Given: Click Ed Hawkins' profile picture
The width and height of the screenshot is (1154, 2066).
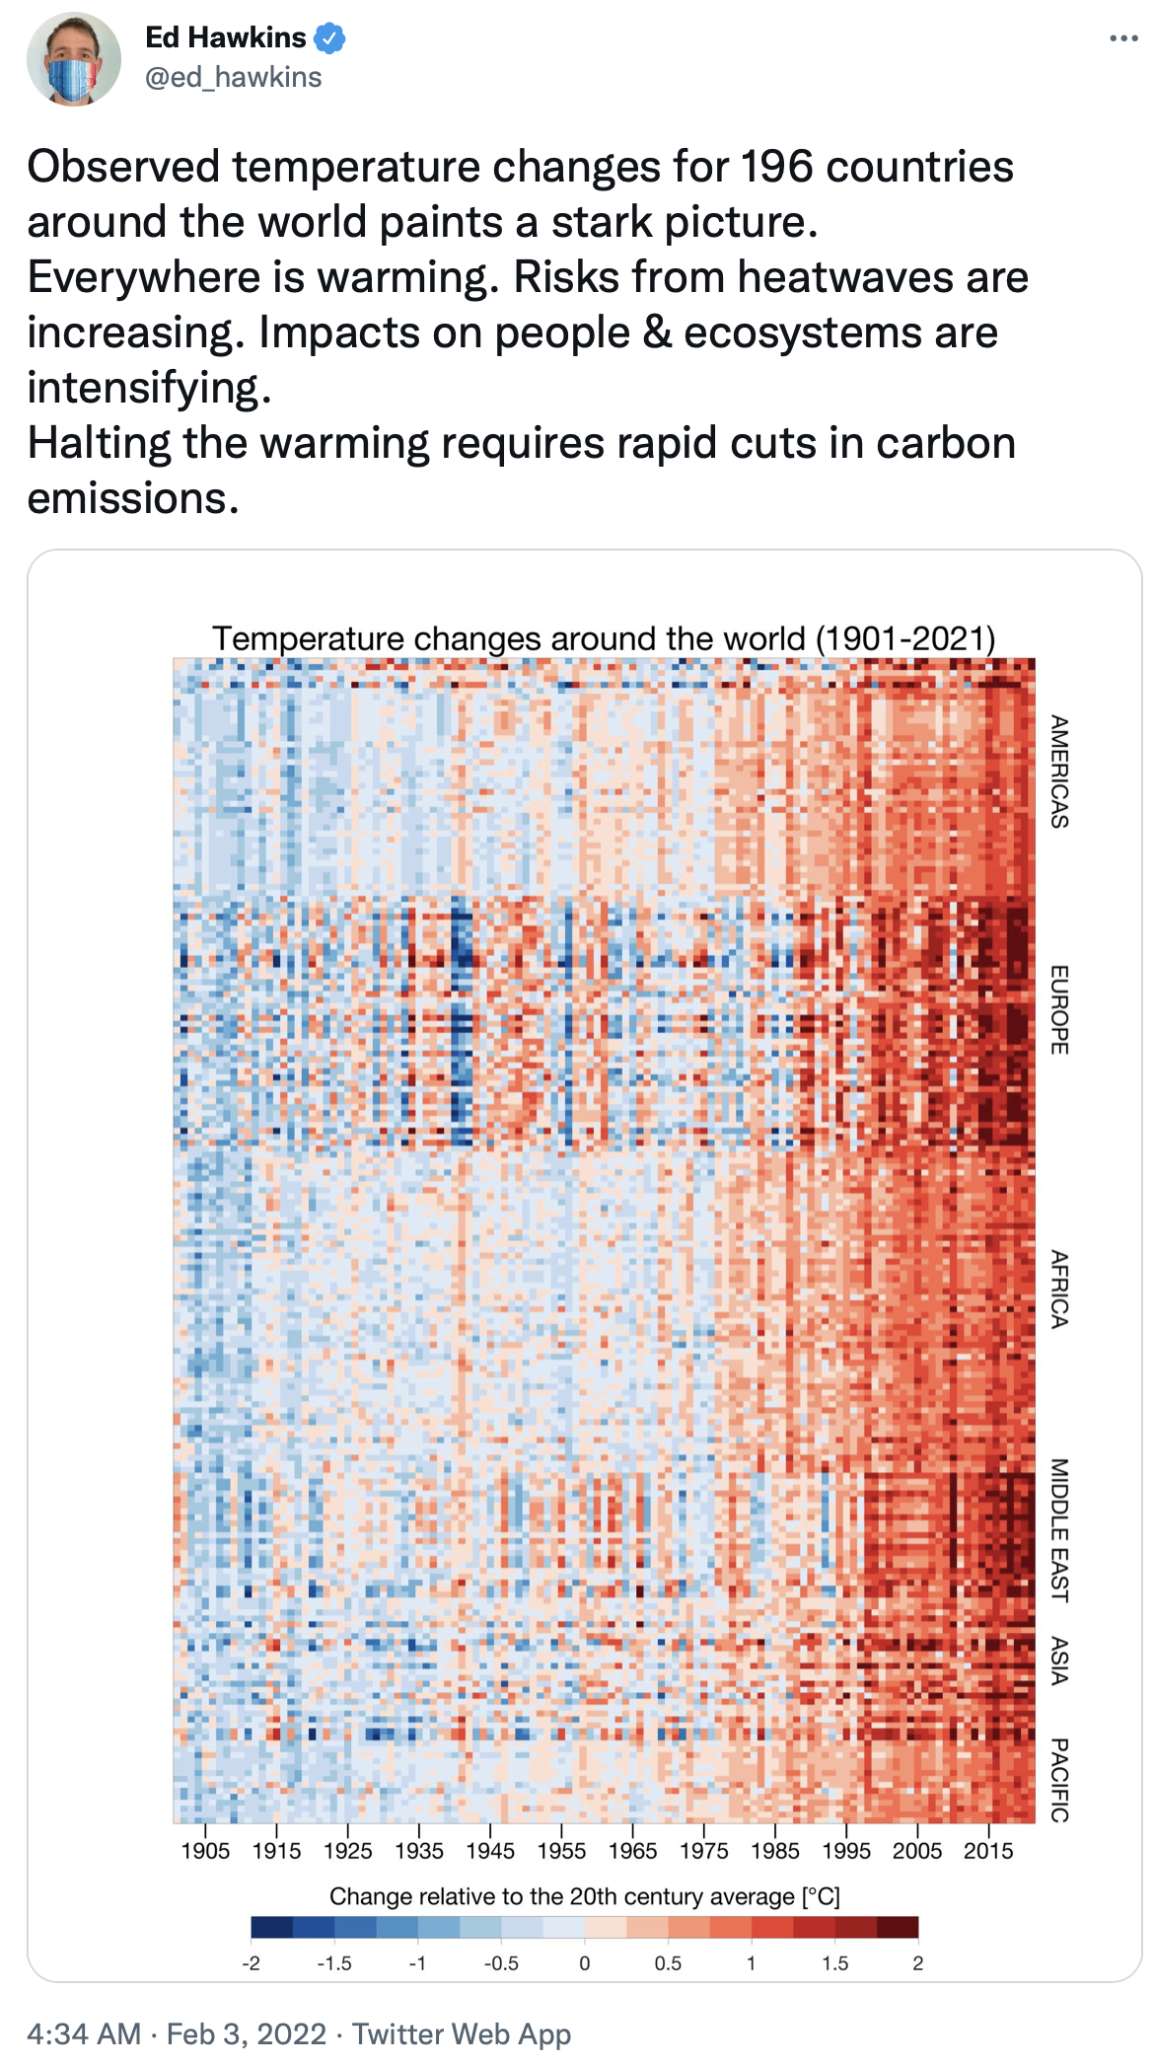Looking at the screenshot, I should tap(74, 59).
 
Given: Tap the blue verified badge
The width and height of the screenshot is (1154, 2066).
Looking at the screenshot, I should tap(329, 38).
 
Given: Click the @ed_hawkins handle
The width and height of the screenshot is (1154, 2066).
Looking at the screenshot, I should tap(233, 77).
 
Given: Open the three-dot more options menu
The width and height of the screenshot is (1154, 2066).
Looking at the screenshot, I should tap(1122, 38).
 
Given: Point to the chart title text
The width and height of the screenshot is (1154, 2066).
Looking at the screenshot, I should tap(604, 638).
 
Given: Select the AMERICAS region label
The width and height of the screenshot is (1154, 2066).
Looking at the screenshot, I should tap(1059, 772).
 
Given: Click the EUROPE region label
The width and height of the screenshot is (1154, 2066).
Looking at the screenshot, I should tap(1059, 1009).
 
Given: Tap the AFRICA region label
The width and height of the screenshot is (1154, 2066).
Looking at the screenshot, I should tap(1059, 1289).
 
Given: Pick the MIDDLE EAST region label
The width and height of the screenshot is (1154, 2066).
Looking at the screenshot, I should tap(1059, 1529).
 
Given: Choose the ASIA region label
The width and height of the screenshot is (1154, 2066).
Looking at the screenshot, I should tap(1059, 1661).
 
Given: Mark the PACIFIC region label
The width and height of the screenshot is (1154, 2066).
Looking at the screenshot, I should tap(1059, 1780).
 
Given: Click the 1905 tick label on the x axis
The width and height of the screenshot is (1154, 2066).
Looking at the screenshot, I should tap(205, 1851).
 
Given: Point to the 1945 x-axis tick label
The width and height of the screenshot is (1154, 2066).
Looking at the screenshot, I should tap(490, 1851).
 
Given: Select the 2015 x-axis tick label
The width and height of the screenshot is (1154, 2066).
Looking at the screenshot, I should tap(988, 1851).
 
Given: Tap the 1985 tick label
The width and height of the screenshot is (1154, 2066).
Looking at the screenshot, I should tap(775, 1851).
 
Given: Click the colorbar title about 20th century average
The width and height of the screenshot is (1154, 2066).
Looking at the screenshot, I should tap(584, 1896).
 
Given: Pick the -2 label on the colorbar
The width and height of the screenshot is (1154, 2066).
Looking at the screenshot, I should tap(251, 1963).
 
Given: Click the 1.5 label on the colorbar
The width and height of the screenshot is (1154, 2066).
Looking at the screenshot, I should tap(834, 1963).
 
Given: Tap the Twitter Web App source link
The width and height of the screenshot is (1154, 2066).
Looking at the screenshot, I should tap(462, 2034).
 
